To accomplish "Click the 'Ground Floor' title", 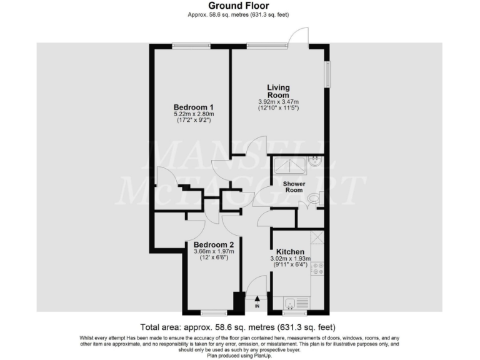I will pyautogui.click(x=239, y=5).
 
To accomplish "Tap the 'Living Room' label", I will pyautogui.click(x=278, y=91).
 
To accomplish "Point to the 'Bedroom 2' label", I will pyautogui.click(x=214, y=244).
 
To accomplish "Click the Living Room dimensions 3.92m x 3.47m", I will pyautogui.click(x=278, y=102).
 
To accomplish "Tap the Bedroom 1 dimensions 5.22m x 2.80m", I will pyautogui.click(x=194, y=114).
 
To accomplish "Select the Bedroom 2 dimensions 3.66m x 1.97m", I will pyautogui.click(x=213, y=252).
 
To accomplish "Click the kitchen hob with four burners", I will pyautogui.click(x=317, y=269).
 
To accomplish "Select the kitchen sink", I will pyautogui.click(x=291, y=303).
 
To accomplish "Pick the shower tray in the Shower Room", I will pyautogui.click(x=289, y=164).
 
